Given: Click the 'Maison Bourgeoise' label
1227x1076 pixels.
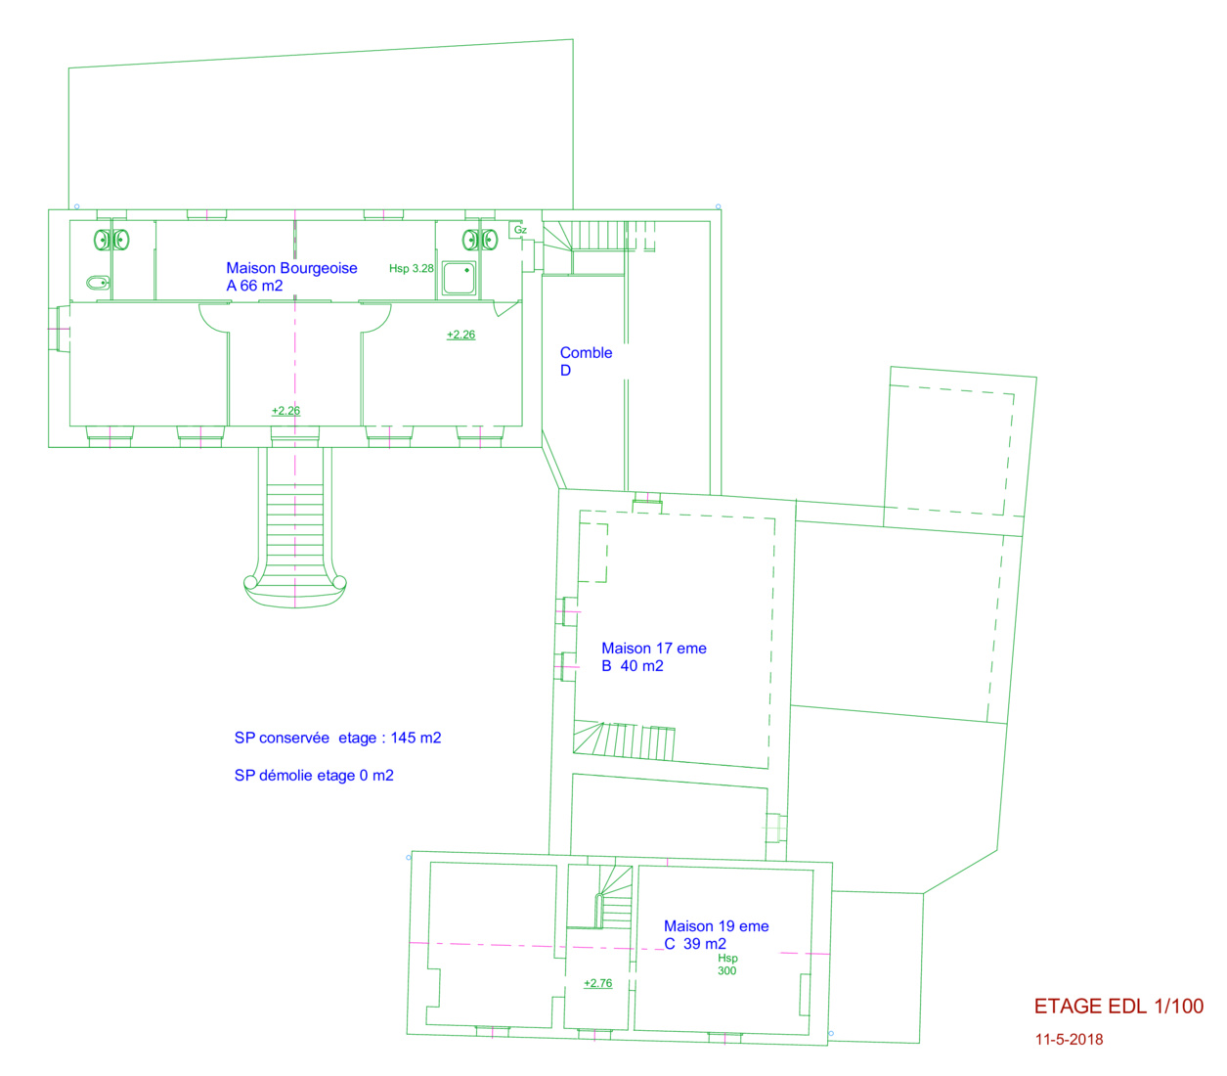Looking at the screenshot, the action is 291,268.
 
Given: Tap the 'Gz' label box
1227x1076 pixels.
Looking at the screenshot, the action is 519,230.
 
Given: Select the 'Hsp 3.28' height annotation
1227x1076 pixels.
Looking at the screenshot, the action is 412,268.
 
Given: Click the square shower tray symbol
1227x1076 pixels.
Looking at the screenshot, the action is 459,278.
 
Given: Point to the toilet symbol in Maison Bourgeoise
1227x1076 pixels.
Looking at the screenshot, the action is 98,283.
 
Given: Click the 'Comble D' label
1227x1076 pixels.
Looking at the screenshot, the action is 586,361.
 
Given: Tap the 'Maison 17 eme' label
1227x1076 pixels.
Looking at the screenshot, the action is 653,649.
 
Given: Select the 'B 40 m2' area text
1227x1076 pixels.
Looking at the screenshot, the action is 633,666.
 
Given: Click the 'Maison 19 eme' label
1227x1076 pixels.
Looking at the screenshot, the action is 716,926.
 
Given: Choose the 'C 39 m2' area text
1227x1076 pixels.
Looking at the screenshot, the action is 695,944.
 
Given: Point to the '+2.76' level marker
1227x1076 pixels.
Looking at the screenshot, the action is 597,983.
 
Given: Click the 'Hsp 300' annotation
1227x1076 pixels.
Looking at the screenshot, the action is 727,964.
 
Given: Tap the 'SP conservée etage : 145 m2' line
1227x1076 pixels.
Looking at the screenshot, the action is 337,738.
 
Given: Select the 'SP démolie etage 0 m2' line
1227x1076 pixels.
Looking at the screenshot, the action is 314,776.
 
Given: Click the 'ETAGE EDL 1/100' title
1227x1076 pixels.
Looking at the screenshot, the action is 1118,1007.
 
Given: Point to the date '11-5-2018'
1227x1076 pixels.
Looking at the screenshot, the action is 1069,1040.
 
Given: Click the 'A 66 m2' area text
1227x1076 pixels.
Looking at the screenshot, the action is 254,286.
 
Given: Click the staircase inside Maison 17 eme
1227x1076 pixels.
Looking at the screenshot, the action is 624,740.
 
